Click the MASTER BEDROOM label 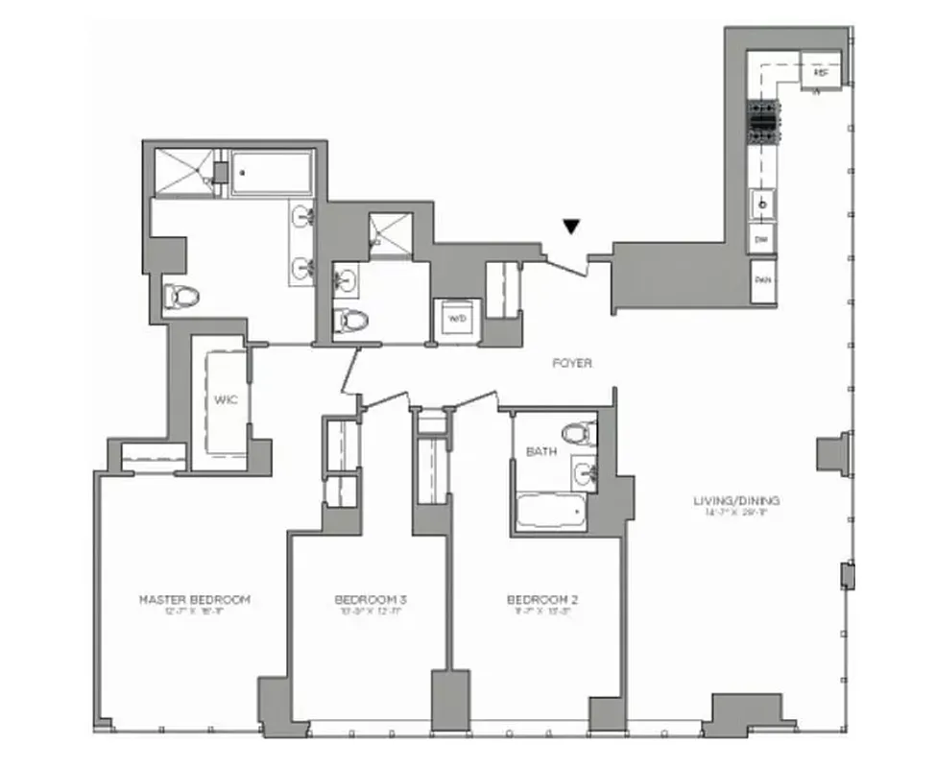coord(195,600)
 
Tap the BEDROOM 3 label coord(357,600)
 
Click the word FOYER coord(572,364)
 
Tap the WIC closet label coord(226,400)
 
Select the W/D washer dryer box coord(453,316)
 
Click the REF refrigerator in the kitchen coord(821,73)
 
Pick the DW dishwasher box coord(762,240)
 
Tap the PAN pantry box coord(763,280)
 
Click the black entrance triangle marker coord(571,228)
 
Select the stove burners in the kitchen coord(764,122)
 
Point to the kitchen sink coord(763,204)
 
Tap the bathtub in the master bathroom coord(272,173)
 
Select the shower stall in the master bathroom coord(182,172)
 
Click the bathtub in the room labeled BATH coord(551,512)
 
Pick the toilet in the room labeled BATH coord(579,434)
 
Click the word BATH coord(539,450)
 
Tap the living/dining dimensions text coord(737,514)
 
